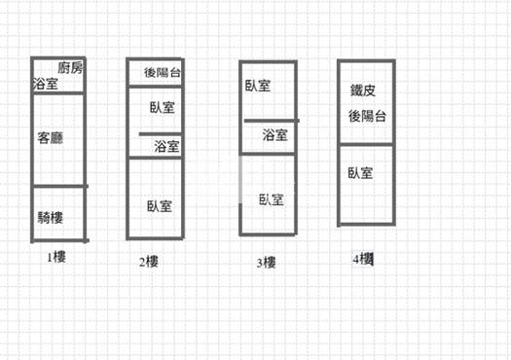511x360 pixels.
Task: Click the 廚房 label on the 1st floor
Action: click(71, 68)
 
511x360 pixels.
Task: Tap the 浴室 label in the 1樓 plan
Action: click(46, 85)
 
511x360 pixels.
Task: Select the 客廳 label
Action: click(51, 138)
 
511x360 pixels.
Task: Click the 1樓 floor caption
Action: click(55, 258)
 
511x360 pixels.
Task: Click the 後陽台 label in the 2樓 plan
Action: click(163, 72)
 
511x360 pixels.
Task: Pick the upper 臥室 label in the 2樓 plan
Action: click(163, 107)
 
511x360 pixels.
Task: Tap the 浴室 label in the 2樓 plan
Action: click(167, 147)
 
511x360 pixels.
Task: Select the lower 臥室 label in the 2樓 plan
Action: click(160, 205)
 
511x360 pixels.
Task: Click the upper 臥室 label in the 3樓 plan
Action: click(257, 86)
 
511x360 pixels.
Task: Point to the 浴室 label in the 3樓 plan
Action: click(275, 136)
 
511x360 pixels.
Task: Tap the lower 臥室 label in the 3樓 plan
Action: click(271, 199)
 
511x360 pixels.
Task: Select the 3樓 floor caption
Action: click(266, 262)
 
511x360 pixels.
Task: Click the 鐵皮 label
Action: click(363, 91)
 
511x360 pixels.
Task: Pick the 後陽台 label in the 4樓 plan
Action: click(368, 116)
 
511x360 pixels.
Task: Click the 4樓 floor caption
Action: click(364, 259)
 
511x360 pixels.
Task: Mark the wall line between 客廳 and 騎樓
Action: click(59, 186)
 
